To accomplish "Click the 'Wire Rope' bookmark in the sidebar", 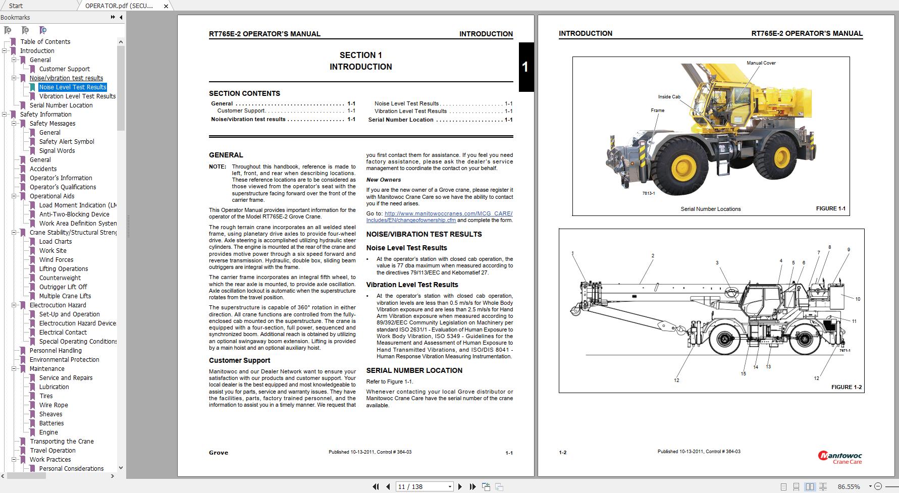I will pyautogui.click(x=54, y=405).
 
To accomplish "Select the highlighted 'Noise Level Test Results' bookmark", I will pyautogui.click(x=73, y=87).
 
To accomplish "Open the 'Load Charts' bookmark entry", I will pyautogui.click(x=56, y=242).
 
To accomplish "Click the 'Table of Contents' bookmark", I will pyautogui.click(x=45, y=42).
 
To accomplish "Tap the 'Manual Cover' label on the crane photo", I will pyautogui.click(x=761, y=63).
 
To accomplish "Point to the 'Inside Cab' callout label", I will pyautogui.click(x=669, y=97).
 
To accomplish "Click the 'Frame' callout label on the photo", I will pyautogui.click(x=657, y=111).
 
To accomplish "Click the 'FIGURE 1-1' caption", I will pyautogui.click(x=830, y=208).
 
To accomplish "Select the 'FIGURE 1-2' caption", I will pyautogui.click(x=847, y=387).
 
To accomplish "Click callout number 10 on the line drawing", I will pyautogui.click(x=857, y=299).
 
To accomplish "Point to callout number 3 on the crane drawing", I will pyautogui.click(x=717, y=263).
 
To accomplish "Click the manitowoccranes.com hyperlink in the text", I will pyautogui.click(x=448, y=213).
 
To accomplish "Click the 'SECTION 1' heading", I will pyautogui.click(x=360, y=56).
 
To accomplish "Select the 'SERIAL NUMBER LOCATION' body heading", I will pyautogui.click(x=414, y=370).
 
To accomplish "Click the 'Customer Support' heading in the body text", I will pyautogui.click(x=239, y=360).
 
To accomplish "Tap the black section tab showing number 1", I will pyautogui.click(x=525, y=67).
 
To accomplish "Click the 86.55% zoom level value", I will pyautogui.click(x=849, y=486).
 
